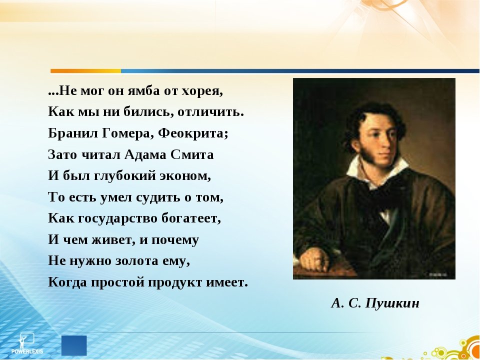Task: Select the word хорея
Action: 202,92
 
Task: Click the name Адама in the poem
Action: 148,155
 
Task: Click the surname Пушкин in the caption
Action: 392,303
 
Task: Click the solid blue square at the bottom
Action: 74,345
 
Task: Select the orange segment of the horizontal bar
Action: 85,71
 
